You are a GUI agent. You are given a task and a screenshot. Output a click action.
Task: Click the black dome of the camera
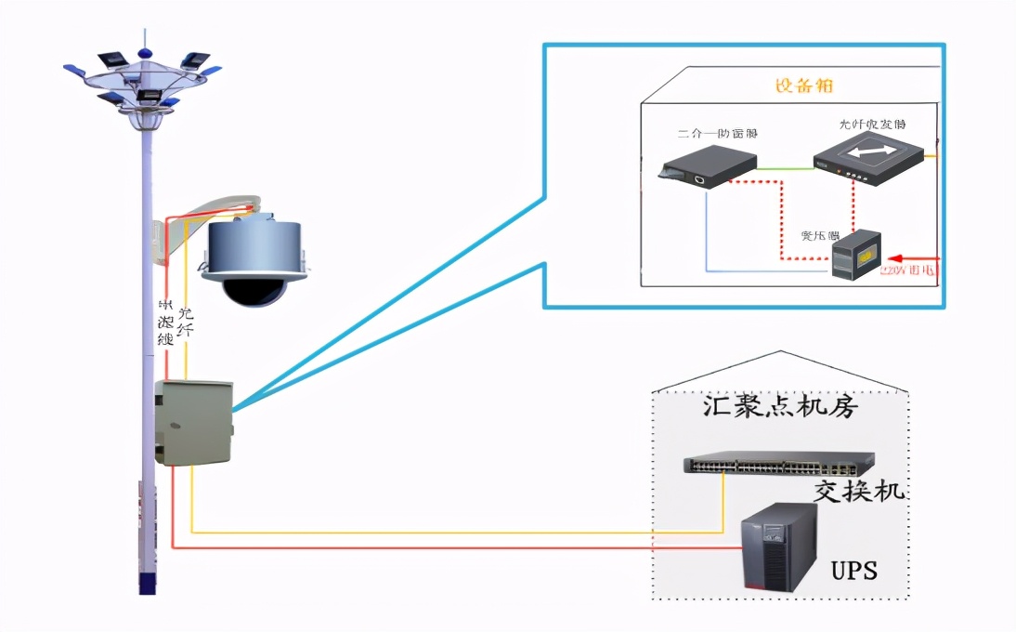pyautogui.click(x=250, y=291)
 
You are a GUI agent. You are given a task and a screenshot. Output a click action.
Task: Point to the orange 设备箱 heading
pyautogui.click(x=803, y=86)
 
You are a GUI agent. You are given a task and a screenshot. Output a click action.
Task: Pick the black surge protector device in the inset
pyautogui.click(x=707, y=167)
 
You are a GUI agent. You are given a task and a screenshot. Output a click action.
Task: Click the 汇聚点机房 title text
pyautogui.click(x=778, y=408)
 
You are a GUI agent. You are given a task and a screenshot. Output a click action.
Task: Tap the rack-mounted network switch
pyautogui.click(x=778, y=462)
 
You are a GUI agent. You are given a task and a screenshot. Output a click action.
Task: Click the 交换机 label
pyautogui.click(x=857, y=491)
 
